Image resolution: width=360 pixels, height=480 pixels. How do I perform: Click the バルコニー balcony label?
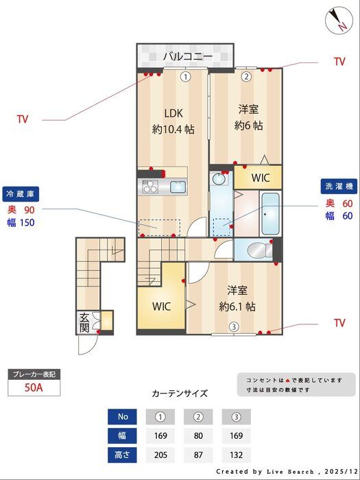(x=187, y=56)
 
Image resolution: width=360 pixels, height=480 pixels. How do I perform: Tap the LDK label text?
(x=173, y=113)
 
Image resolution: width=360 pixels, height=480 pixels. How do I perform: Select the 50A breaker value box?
(x=34, y=387)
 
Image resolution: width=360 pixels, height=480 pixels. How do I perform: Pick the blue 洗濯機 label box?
(x=338, y=187)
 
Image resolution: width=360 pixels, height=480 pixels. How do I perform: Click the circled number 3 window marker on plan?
(x=234, y=326)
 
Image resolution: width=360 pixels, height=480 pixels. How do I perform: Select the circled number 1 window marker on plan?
(x=185, y=77)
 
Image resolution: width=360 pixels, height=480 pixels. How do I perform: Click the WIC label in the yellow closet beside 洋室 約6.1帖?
(x=161, y=306)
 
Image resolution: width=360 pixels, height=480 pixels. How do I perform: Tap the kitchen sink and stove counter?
(x=164, y=186)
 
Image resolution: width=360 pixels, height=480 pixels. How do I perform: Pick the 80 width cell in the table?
(x=199, y=435)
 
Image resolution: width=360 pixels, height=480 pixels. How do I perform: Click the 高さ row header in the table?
(x=123, y=454)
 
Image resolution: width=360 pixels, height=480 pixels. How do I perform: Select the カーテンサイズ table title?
(x=180, y=394)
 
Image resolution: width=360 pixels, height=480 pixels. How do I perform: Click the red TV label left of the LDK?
(x=23, y=119)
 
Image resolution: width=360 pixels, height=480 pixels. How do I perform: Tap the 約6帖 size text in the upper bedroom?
(x=248, y=125)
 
